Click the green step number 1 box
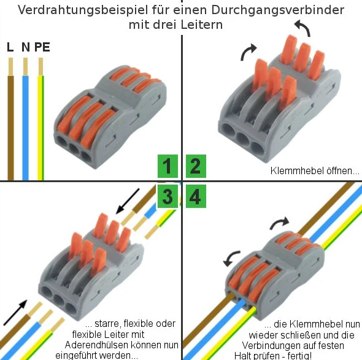tap(168, 166)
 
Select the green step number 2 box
tap(196, 166)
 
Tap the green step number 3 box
tap(168, 196)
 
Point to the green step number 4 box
tap(196, 196)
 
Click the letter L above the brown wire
tap(10, 47)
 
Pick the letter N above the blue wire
tap(26, 47)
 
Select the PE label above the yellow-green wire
tap(42, 47)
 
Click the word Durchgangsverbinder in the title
tap(278, 10)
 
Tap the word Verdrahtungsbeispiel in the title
tap(82, 10)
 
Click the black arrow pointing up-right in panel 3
tap(15, 312)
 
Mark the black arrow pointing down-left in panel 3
tap(128, 201)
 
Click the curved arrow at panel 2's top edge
tap(302, 28)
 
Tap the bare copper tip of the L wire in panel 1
tap(10, 66)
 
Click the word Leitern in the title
tap(201, 25)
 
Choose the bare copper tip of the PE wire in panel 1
tap(40, 66)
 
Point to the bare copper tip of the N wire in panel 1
tap(25, 66)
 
